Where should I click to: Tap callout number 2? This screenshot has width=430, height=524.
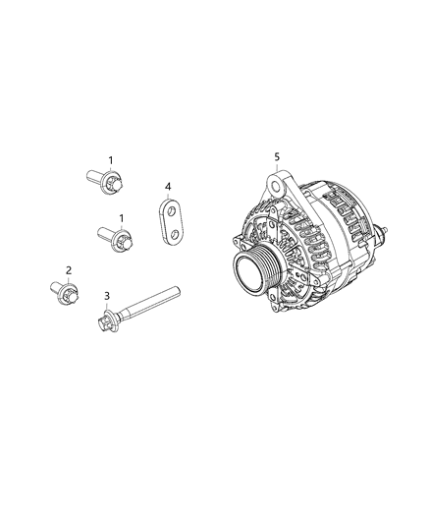tap(69, 269)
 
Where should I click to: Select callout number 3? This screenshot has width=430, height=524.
tap(106, 296)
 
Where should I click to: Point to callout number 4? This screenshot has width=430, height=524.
tap(168, 186)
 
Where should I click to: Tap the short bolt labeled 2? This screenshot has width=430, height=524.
tap(64, 291)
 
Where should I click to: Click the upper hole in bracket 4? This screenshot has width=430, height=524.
tap(170, 209)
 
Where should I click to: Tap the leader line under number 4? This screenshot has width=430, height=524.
tap(168, 195)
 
